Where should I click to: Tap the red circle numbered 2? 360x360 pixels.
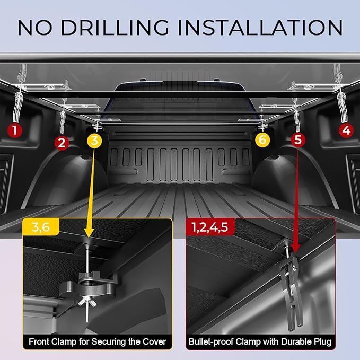[x=62, y=142]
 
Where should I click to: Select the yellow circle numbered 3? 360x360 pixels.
[x=94, y=140]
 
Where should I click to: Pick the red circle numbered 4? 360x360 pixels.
[x=346, y=129]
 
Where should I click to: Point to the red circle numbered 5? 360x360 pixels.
[x=299, y=140]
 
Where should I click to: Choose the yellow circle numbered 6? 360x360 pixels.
[x=262, y=140]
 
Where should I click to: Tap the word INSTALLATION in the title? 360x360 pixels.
[x=270, y=28]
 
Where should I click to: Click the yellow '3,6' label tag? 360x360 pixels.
[x=40, y=228]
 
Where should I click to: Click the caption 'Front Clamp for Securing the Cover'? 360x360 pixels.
[x=98, y=341]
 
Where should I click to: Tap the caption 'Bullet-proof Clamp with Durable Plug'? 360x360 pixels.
[x=260, y=341]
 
